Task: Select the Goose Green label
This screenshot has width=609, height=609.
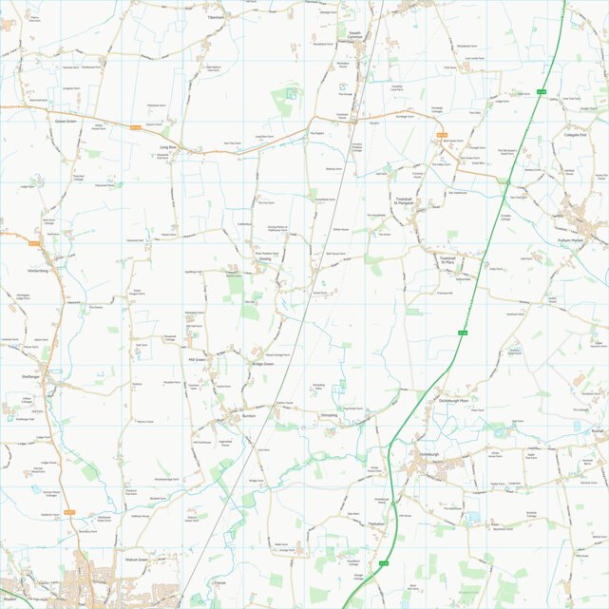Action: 66,121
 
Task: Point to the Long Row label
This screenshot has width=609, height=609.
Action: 168,147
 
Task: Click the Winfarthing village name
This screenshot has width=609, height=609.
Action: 31,270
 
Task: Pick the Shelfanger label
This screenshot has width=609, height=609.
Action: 31,376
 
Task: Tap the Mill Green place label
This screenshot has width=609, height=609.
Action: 198,360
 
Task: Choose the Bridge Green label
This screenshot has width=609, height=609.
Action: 263,365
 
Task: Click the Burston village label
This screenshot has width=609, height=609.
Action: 249,415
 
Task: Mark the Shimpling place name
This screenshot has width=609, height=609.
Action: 330,415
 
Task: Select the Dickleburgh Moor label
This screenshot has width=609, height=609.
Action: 456,401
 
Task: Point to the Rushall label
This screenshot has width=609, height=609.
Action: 596,429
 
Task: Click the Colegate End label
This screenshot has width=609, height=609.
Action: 576,135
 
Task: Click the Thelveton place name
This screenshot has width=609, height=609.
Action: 377,523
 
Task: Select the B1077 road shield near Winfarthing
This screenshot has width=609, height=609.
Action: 34,244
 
